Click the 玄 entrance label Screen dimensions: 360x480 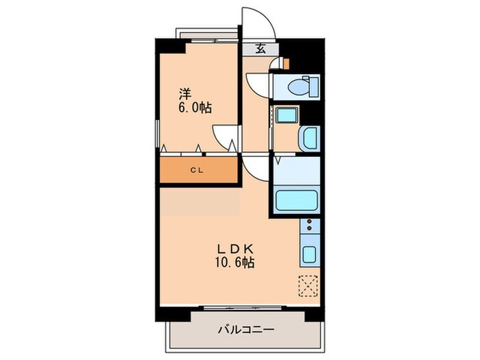tap(261, 48)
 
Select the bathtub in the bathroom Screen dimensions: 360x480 tap(296, 200)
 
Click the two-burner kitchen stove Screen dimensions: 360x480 tap(309, 226)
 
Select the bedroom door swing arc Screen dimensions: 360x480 tap(224, 136)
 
